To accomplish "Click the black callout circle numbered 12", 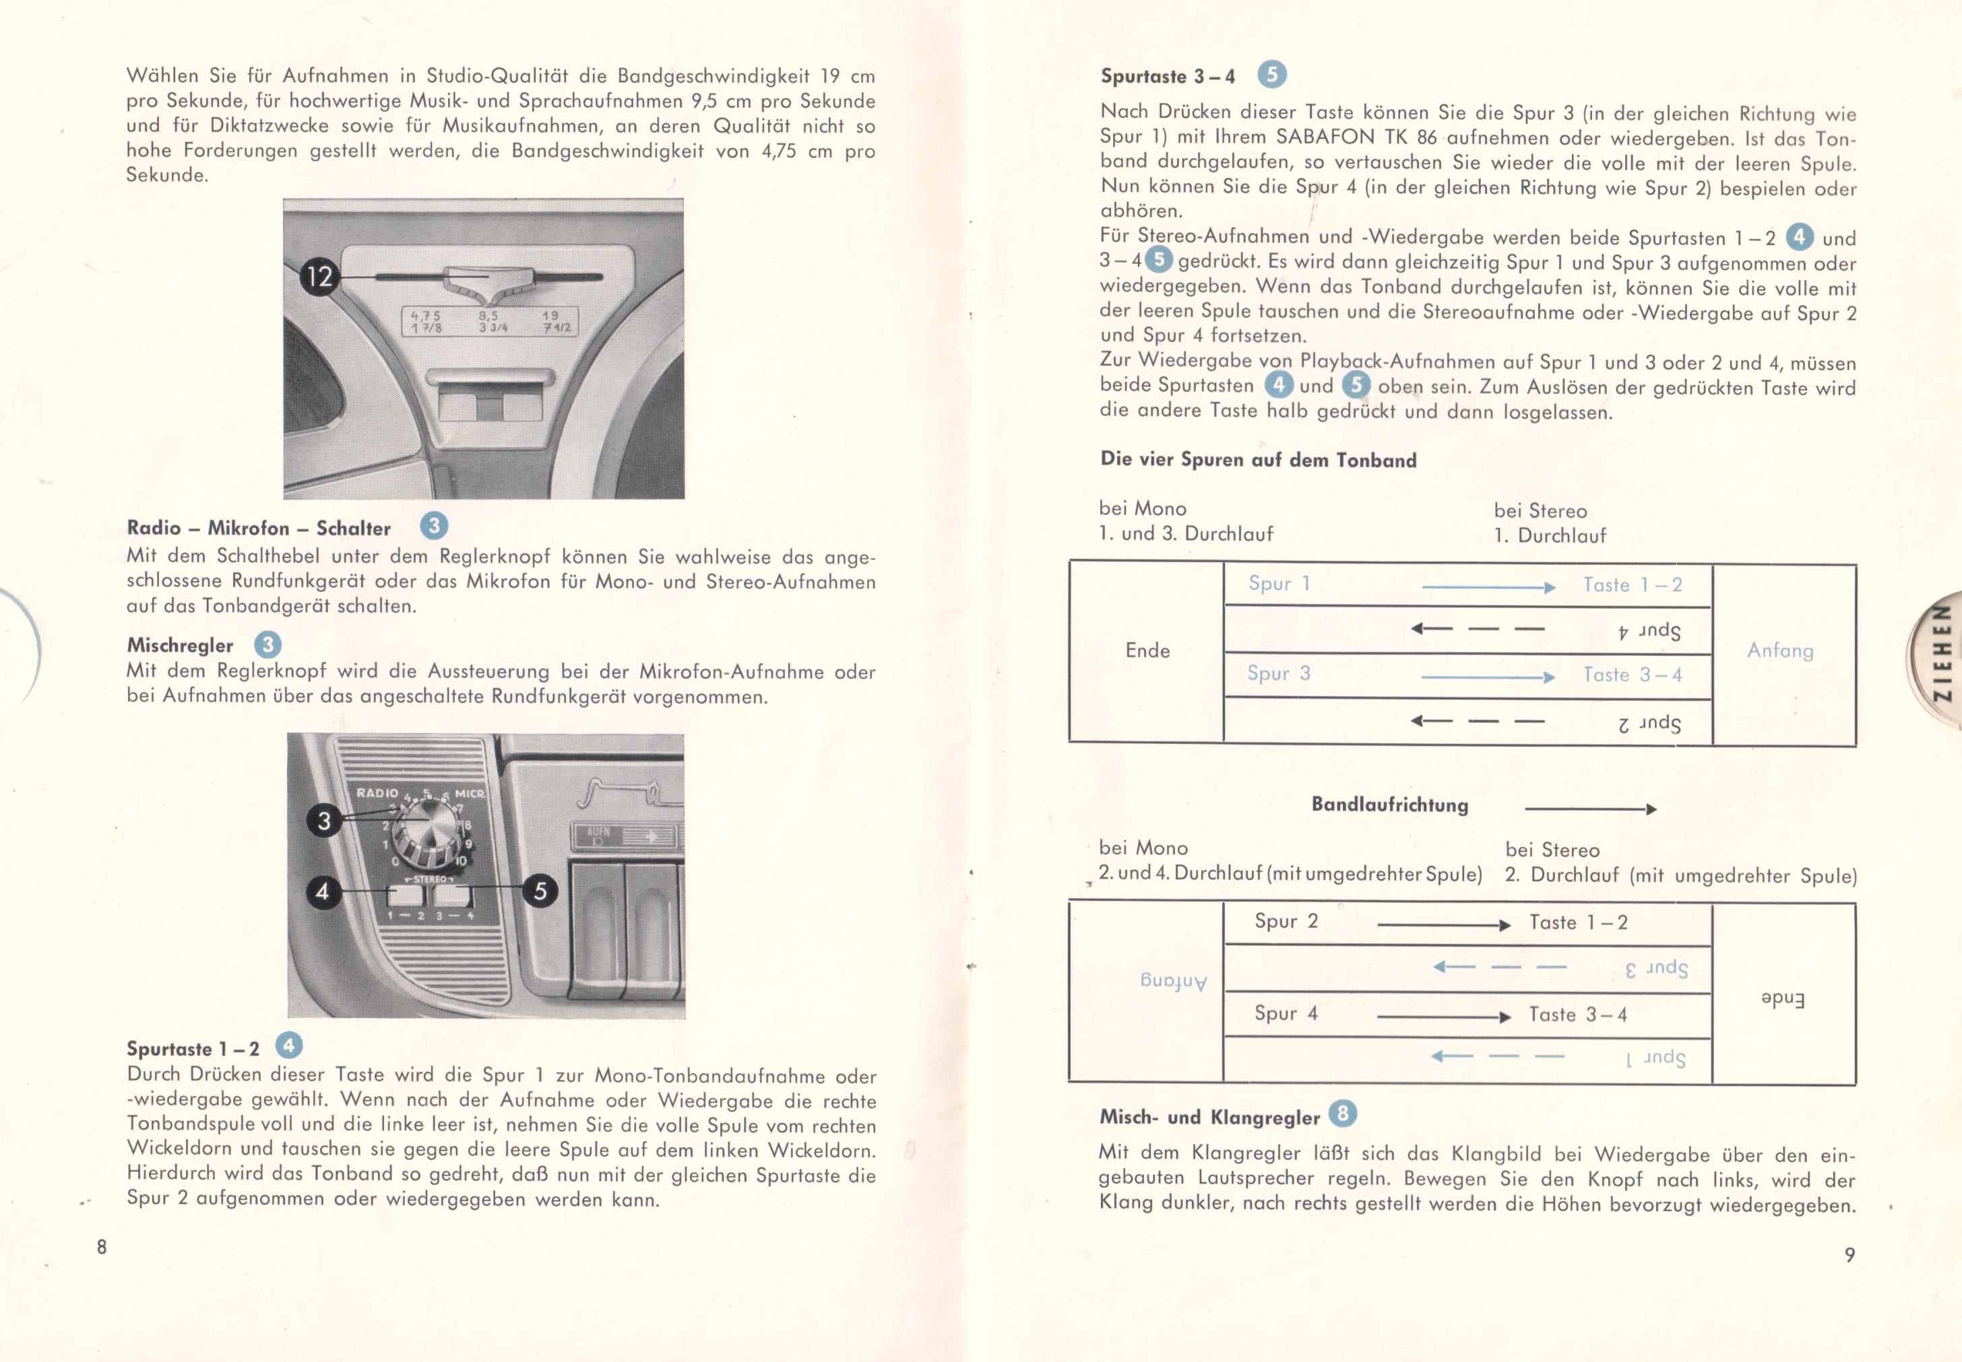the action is point(319,277).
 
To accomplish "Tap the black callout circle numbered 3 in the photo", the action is point(323,821).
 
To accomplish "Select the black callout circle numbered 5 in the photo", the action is point(540,891).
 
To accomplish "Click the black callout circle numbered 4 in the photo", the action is point(323,892).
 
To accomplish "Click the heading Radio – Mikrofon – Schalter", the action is point(259,529).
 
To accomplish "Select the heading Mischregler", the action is point(180,645).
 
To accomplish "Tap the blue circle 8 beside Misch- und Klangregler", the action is point(1342,1113).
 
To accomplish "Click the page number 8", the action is point(102,1247).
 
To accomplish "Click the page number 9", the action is point(1849,1254).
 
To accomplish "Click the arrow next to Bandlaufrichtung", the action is point(1591,808).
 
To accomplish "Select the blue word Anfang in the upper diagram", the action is point(1780,650).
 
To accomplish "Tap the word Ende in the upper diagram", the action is point(1147,650).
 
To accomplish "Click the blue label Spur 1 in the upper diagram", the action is point(1279,584).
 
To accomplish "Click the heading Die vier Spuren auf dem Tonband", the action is point(1259,459).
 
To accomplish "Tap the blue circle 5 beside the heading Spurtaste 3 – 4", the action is point(1271,75).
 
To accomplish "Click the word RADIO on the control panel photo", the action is point(377,793).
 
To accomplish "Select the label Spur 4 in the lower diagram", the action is point(1286,1013).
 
